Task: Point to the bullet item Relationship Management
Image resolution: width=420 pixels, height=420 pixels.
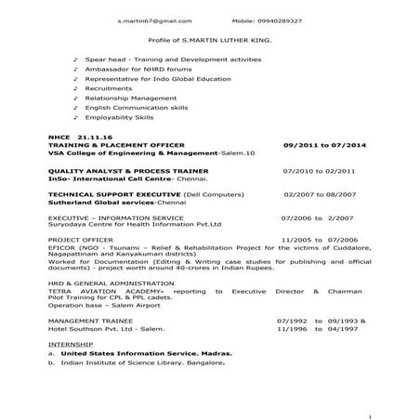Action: [125, 98]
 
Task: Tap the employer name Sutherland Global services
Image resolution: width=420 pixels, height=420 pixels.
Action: [82, 200]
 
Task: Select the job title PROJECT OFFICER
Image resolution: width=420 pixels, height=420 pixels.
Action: [77, 240]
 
